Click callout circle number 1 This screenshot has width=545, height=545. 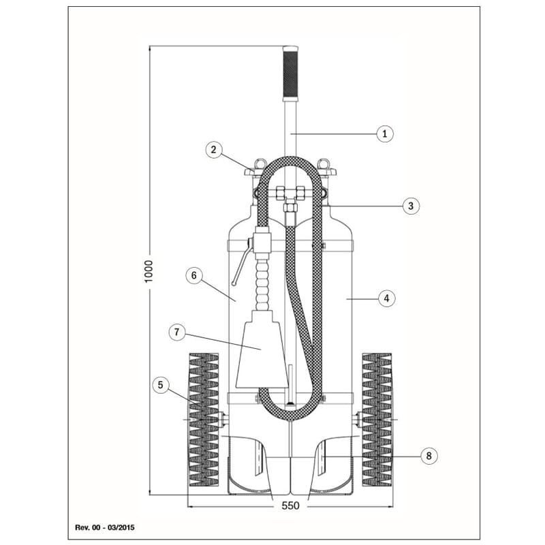point(385,134)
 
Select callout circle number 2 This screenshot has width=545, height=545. point(213,150)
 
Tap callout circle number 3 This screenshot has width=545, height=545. point(411,206)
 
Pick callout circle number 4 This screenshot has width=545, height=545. point(386,298)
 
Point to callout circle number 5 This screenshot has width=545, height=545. point(160,385)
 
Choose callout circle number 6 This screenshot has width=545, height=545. point(194,276)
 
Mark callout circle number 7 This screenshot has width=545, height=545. point(177,332)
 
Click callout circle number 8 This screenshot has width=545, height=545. point(429,455)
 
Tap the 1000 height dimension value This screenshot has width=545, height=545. point(149,271)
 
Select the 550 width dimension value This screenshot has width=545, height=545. point(290,505)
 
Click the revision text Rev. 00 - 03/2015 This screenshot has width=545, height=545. point(105,527)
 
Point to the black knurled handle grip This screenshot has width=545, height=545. point(290,74)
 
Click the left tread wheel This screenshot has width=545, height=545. point(204,420)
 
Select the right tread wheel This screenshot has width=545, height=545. point(377,420)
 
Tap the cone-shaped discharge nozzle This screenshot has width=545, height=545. point(262,349)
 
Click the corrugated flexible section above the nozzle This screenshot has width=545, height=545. point(262,283)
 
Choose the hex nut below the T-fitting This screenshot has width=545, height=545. point(290,208)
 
